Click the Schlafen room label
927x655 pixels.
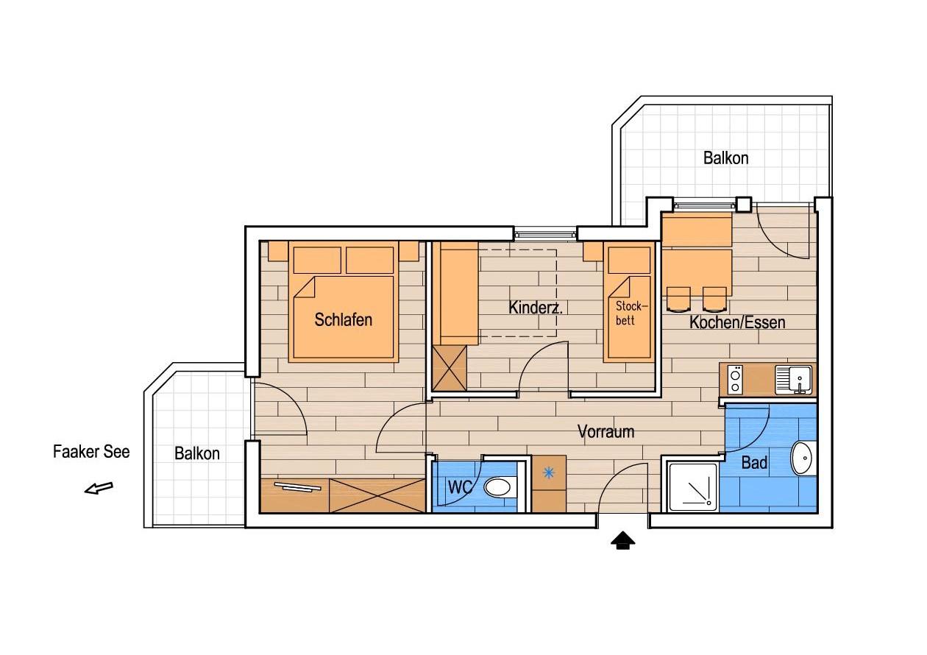click(343, 319)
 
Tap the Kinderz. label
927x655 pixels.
click(535, 308)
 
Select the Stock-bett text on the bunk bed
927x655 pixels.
click(631, 313)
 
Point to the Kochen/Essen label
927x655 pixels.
click(737, 322)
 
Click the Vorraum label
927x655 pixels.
click(605, 432)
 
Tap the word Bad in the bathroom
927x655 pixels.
click(754, 462)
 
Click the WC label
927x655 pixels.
click(460, 487)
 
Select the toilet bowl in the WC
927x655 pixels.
click(500, 488)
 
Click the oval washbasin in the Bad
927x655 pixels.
click(803, 458)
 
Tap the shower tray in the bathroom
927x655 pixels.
click(693, 487)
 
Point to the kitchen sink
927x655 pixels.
click(793, 380)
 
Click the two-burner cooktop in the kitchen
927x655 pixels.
click(735, 380)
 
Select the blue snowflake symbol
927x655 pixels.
click(548, 472)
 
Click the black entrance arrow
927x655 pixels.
click(622, 541)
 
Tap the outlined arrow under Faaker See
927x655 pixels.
click(99, 488)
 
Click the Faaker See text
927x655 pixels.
click(91, 452)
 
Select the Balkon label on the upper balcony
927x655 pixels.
click(726, 158)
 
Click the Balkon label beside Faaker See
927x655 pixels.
click(197, 453)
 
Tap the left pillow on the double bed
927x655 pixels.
click(317, 260)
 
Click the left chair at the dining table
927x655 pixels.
click(678, 300)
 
